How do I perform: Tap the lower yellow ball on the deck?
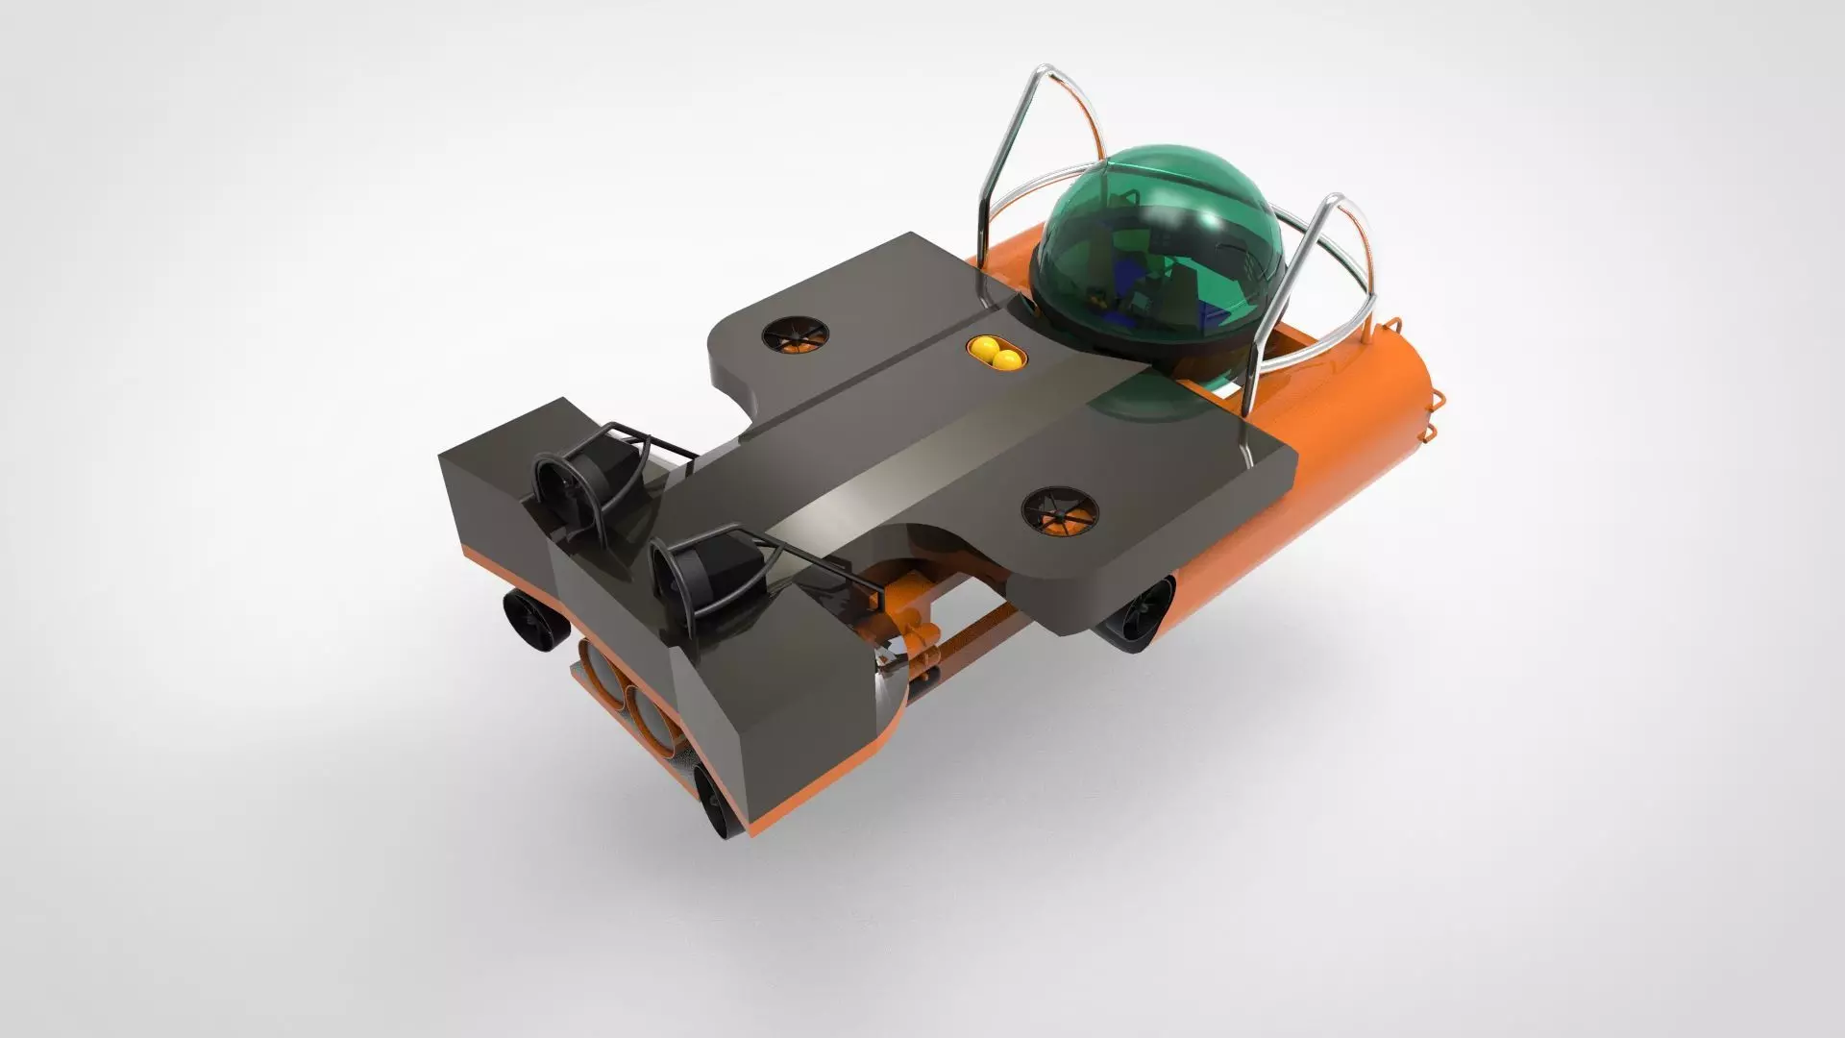1005,360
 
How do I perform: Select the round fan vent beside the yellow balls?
796,335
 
